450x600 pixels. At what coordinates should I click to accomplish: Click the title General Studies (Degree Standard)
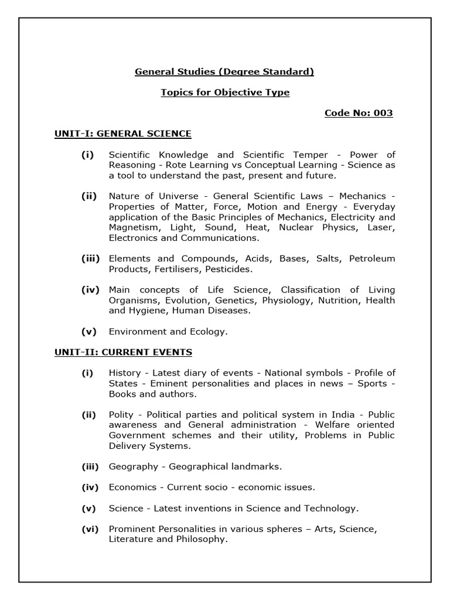pos(225,71)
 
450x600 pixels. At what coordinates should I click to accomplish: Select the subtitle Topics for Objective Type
pos(225,93)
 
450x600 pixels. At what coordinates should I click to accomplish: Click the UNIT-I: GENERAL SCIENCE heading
pos(122,134)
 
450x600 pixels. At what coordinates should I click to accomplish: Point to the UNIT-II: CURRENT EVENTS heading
pos(123,352)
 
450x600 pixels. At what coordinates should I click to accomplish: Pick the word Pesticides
pos(230,269)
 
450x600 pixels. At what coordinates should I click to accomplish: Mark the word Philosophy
pos(200,539)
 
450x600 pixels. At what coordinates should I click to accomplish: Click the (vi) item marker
pos(90,529)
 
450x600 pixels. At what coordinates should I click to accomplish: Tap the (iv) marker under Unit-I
pos(90,290)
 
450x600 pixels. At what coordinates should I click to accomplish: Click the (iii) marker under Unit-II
pos(90,466)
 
